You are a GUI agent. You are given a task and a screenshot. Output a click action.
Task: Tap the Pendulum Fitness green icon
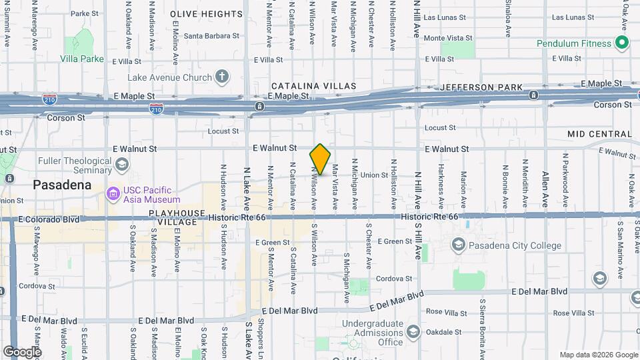tap(623, 44)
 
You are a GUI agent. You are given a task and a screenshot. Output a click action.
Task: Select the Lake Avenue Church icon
tap(221, 77)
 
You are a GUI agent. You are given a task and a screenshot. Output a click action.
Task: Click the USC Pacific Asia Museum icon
tap(113, 194)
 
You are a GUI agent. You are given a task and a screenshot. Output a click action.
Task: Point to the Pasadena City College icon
tap(458, 245)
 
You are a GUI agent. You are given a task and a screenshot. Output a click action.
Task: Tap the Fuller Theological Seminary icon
tap(121, 164)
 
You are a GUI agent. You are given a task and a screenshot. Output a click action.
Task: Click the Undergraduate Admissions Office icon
tap(413, 332)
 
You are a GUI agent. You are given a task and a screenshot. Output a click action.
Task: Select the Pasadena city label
tap(62, 185)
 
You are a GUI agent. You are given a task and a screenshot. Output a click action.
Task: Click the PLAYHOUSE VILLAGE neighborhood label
tap(177, 218)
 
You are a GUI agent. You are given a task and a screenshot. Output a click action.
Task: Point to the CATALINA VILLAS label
tap(313, 87)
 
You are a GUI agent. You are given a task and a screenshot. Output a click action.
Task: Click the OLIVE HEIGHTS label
tap(206, 14)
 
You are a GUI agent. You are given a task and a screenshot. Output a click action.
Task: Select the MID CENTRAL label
tap(599, 134)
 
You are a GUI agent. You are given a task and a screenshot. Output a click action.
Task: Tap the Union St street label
tap(375, 175)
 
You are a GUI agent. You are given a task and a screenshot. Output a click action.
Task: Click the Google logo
tap(22, 351)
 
